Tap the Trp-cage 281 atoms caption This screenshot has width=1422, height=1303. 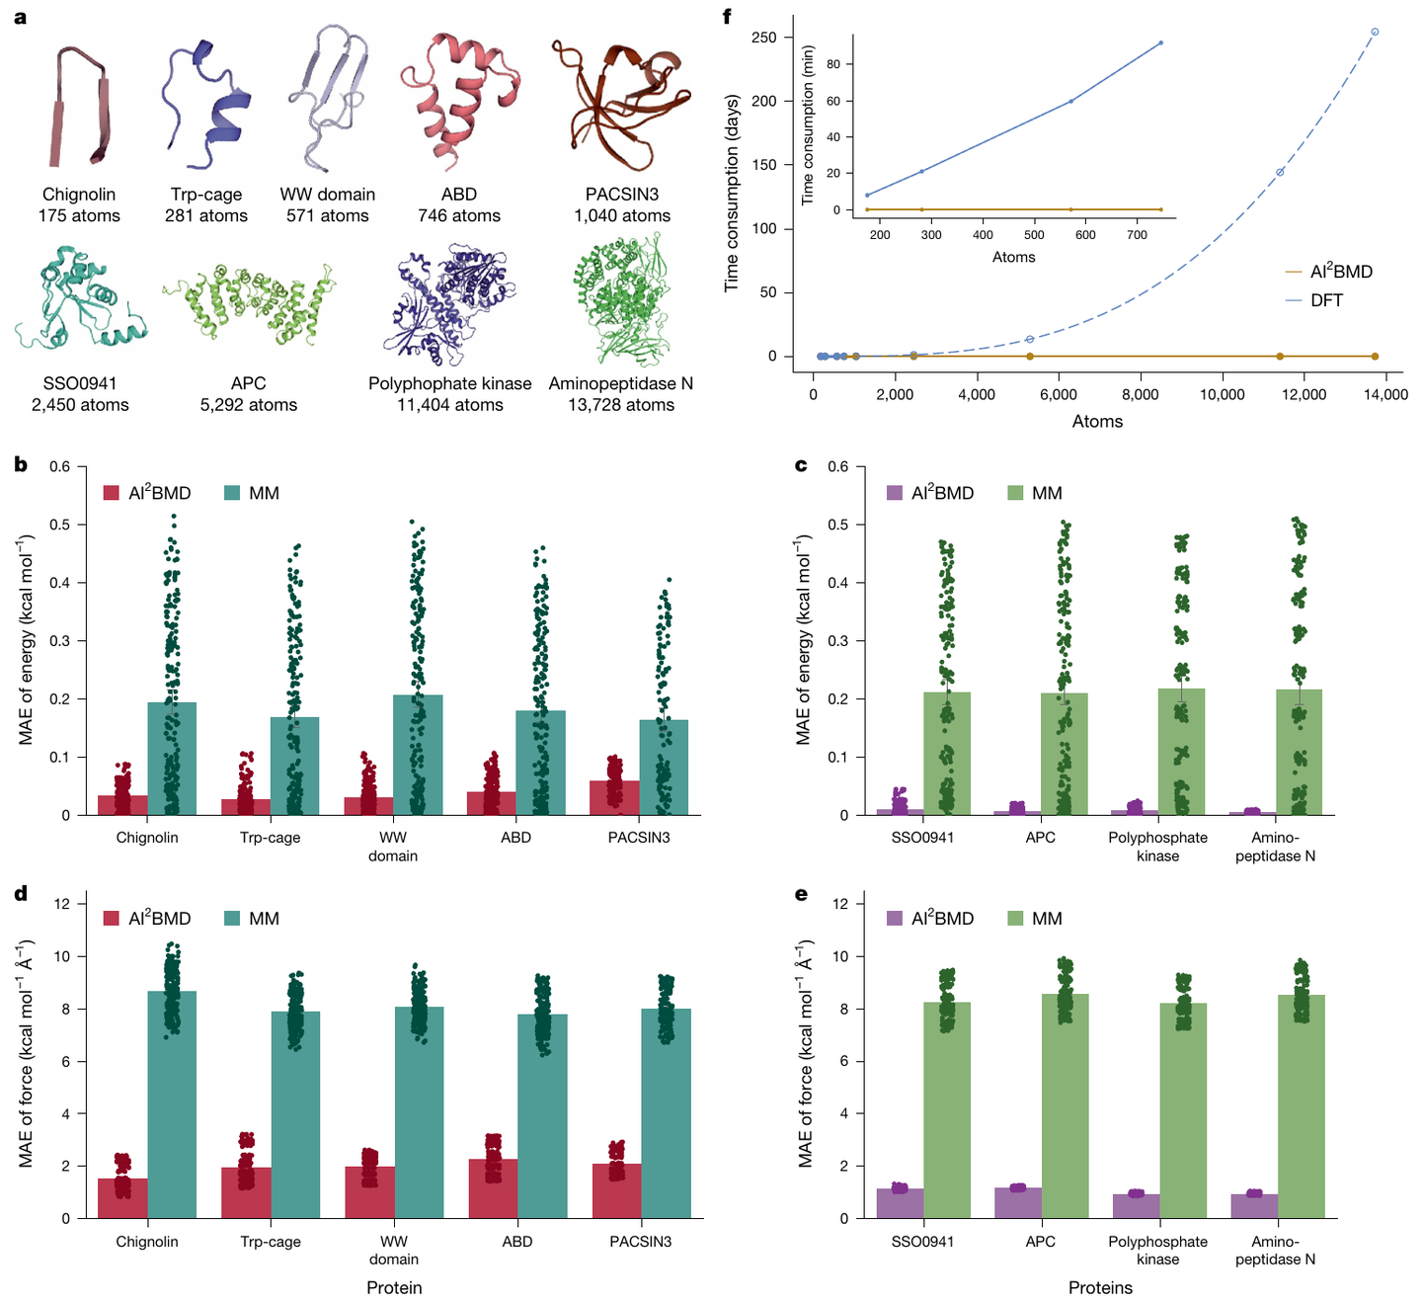coord(205,205)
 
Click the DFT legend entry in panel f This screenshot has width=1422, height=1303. coord(1325,300)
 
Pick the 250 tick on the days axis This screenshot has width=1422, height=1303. coord(764,38)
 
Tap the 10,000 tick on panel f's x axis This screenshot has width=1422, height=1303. coord(1222,394)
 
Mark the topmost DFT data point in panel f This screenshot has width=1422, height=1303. coord(1375,32)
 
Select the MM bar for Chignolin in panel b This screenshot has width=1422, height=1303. coord(172,759)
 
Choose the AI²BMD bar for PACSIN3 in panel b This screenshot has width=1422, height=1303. coord(614,798)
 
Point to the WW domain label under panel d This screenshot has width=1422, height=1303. coord(393,1250)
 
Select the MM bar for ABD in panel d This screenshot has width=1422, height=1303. coord(542,1116)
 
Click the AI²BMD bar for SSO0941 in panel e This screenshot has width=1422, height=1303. coord(900,1203)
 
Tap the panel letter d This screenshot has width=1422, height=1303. coord(22,894)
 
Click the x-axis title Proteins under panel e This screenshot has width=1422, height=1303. coord(1100,1288)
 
